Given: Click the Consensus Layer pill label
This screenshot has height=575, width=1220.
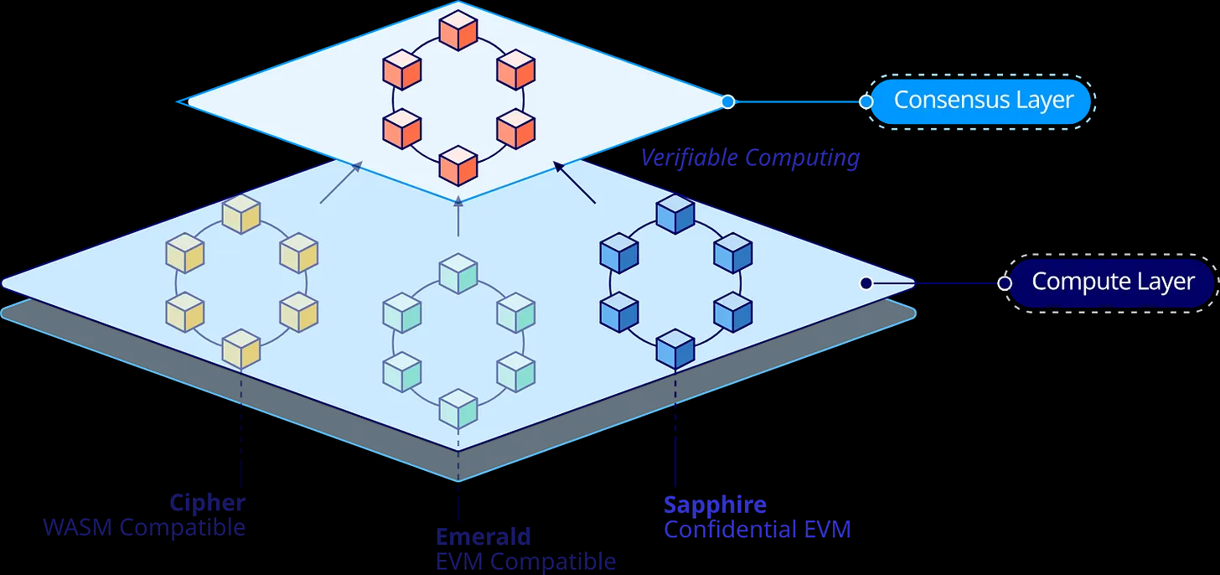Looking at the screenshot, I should [983, 101].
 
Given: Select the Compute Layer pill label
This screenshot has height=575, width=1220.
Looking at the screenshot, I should [1112, 282].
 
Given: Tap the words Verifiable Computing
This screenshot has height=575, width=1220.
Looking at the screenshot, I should [750, 158].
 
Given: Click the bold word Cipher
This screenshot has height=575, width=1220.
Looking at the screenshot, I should [207, 503].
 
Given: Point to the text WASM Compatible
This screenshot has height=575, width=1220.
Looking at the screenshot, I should [144, 528].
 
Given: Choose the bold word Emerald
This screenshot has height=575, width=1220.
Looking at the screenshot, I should [483, 536].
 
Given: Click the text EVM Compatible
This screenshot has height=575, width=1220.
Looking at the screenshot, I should [525, 562].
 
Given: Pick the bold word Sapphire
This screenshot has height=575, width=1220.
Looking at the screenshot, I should [715, 505].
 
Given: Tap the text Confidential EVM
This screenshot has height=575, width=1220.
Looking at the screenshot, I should [757, 530].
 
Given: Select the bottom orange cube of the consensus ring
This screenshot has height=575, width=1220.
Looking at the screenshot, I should [458, 164].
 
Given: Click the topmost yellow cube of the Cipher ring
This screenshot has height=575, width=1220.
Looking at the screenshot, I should [241, 214].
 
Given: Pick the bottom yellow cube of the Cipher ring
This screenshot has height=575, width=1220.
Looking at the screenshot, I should [241, 349].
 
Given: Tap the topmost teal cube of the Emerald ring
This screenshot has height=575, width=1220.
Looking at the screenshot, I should [458, 273].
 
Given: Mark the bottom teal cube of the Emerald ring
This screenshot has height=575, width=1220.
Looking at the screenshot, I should [458, 408].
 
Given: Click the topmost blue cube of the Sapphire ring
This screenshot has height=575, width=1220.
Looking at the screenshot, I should [675, 214].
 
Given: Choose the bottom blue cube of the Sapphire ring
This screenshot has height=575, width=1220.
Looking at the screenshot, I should [675, 349].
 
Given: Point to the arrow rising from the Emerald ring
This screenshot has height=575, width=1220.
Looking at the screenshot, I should [457, 216].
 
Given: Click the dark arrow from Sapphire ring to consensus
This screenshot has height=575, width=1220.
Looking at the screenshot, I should [575, 183].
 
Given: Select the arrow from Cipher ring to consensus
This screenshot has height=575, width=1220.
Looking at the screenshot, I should [340, 183].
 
